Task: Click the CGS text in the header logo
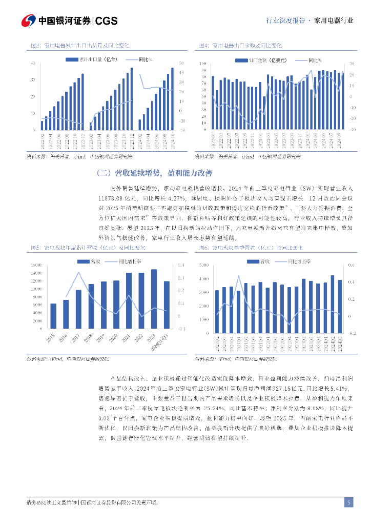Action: [x=107, y=21]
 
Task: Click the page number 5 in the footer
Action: [x=348, y=502]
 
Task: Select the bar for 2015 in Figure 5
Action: [x=53, y=314]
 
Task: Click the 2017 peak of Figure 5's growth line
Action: [x=78, y=272]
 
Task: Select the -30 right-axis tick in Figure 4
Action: [x=352, y=130]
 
